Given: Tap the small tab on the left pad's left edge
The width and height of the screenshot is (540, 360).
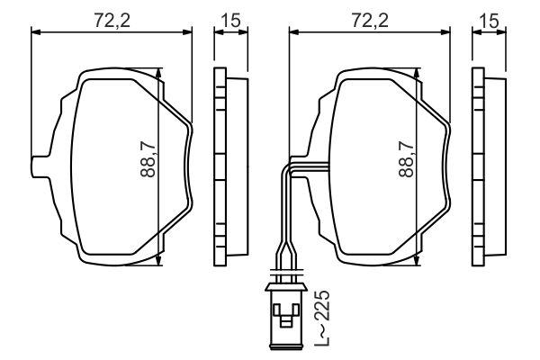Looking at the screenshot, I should tap(39, 165).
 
